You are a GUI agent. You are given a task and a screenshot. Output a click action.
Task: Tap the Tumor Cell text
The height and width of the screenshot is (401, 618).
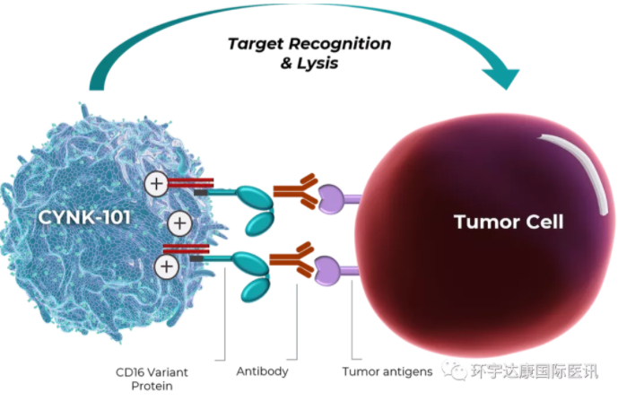(x=508, y=222)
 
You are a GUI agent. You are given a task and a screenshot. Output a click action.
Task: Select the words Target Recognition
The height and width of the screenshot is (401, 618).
(x=309, y=44)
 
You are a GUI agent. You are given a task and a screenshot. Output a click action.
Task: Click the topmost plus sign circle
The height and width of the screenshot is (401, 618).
(x=156, y=186)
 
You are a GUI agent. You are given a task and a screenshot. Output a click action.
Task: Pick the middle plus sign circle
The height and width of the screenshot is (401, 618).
(x=180, y=222)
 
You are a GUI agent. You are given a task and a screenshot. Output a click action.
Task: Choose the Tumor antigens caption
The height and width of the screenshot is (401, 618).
(x=387, y=370)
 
